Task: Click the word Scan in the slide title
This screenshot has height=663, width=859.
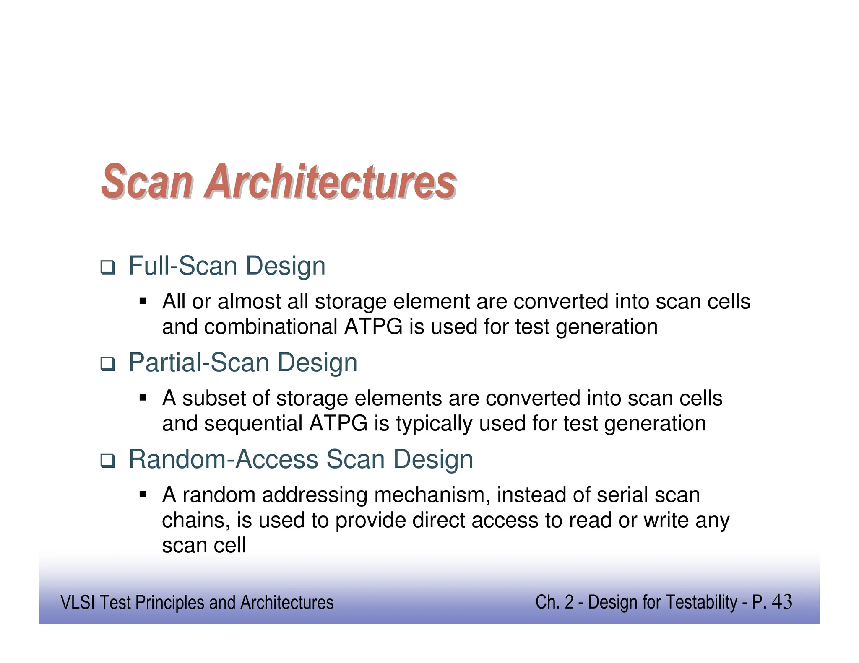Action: click(x=147, y=181)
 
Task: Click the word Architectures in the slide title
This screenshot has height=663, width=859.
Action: click(x=330, y=181)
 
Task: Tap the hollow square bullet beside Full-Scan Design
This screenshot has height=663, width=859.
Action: click(x=107, y=267)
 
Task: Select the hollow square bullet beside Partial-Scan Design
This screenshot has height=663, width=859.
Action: click(x=107, y=364)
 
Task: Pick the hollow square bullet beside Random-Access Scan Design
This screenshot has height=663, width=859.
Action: click(x=107, y=461)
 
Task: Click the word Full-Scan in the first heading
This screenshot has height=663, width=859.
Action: click(x=183, y=266)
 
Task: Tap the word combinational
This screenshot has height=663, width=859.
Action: click(x=271, y=327)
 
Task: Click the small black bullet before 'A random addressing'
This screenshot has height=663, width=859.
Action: click(x=143, y=495)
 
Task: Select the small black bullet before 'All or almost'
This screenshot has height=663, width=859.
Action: click(x=143, y=301)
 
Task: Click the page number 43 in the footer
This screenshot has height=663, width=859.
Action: click(x=781, y=602)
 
